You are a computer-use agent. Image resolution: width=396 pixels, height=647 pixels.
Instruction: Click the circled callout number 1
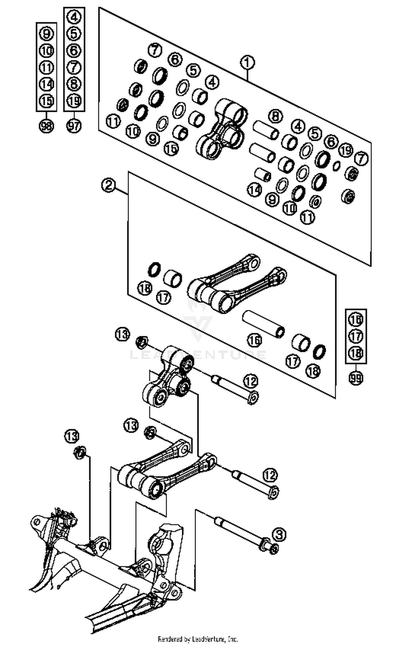point(247,63)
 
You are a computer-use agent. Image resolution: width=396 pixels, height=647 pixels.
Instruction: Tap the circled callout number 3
point(279,534)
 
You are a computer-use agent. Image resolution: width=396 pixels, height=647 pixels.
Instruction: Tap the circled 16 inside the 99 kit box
point(356,320)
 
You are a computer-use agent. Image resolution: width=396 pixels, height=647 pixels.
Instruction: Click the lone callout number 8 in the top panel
point(275,116)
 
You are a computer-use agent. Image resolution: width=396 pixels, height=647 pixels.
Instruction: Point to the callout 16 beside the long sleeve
point(255,340)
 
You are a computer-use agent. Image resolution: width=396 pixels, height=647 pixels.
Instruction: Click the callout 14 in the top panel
point(254,190)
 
